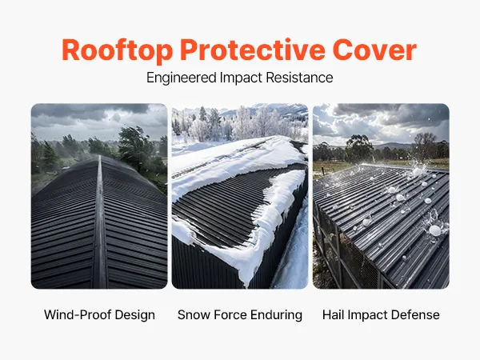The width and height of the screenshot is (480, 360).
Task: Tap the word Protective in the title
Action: point(253,50)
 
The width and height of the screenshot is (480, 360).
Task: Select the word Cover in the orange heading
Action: point(374,50)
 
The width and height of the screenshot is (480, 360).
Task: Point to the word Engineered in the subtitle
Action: point(182,78)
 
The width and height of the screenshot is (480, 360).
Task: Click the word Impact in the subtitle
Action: point(241,78)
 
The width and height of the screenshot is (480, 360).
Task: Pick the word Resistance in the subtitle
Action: point(299,78)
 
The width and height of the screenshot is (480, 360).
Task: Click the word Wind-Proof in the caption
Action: point(78,315)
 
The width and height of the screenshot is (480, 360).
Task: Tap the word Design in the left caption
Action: point(135,315)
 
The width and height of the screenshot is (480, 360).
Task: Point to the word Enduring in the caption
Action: point(276,315)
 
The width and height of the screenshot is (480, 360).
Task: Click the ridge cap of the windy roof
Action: point(100,222)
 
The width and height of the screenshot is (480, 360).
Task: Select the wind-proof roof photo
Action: point(99,196)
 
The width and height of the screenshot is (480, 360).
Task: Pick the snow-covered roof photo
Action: point(240,196)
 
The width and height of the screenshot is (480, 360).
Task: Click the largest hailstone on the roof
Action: point(434,230)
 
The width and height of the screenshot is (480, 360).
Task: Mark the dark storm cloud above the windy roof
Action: point(92,111)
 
